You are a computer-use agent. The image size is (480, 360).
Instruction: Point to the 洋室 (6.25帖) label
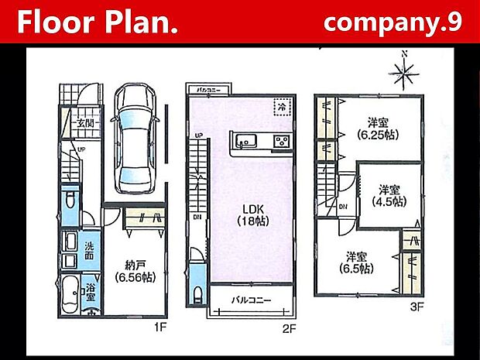[x=377, y=128]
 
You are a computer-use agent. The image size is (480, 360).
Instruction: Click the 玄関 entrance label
[x=84, y=122]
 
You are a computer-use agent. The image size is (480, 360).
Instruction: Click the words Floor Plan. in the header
[x=98, y=22]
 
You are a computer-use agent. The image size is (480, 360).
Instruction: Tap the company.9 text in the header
[x=393, y=22]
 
